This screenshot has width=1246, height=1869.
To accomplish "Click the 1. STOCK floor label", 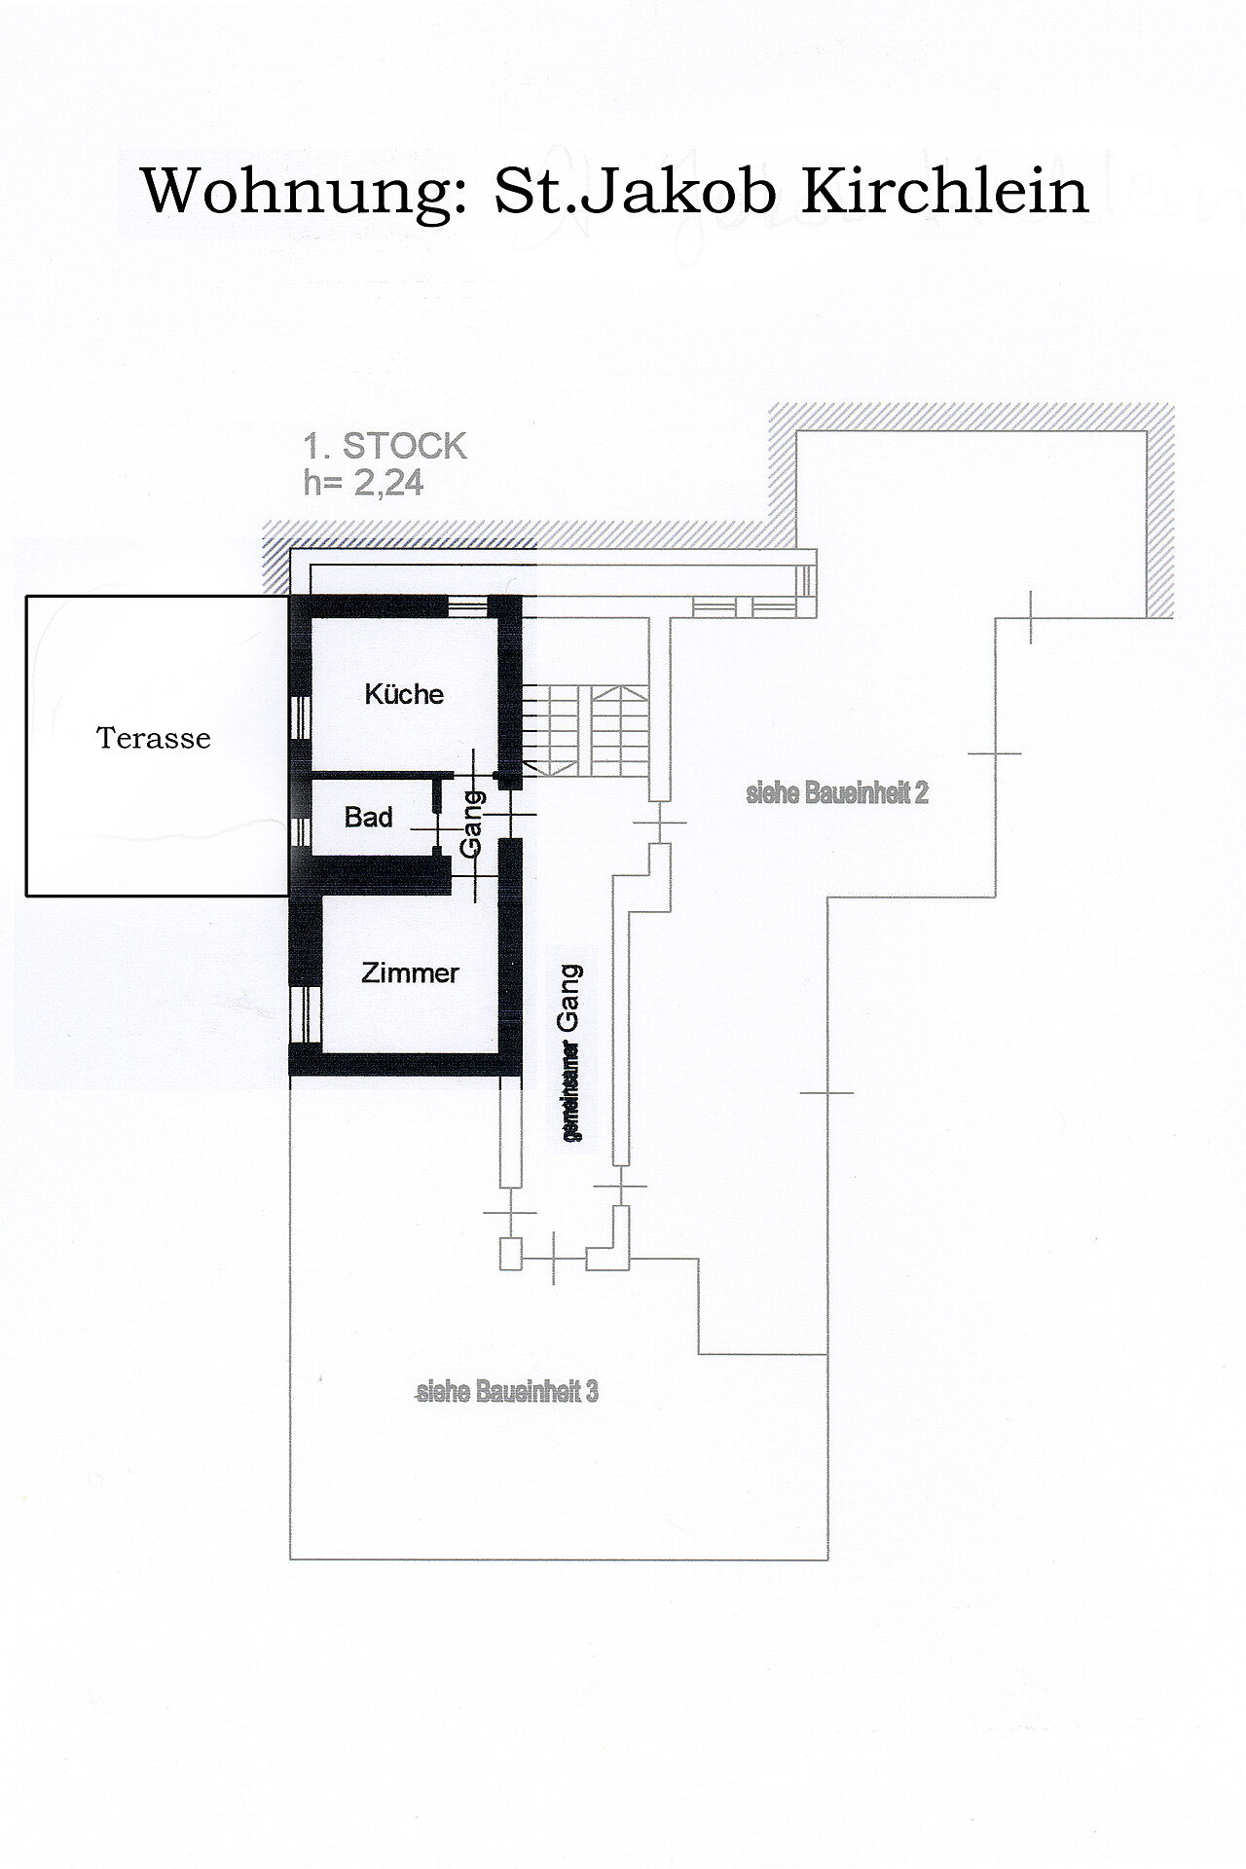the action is (385, 446).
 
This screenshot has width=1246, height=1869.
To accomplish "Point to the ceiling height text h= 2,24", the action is (364, 483).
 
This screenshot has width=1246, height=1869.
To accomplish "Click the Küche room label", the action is (404, 694).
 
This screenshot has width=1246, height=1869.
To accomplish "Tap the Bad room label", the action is (369, 817).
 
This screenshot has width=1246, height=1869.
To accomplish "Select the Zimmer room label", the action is (410, 972).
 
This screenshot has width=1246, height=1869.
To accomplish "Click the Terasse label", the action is (154, 738).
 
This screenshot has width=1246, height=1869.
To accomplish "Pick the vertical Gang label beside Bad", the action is (471, 823).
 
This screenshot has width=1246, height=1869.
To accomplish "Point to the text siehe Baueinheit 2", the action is (837, 793).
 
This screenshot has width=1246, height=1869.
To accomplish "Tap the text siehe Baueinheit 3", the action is (507, 1392).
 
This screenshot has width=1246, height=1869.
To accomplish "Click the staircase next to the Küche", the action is (589, 730).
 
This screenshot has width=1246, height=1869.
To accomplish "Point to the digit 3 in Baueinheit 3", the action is (592, 1392).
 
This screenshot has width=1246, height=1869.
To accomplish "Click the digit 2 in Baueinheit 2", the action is (922, 793).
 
